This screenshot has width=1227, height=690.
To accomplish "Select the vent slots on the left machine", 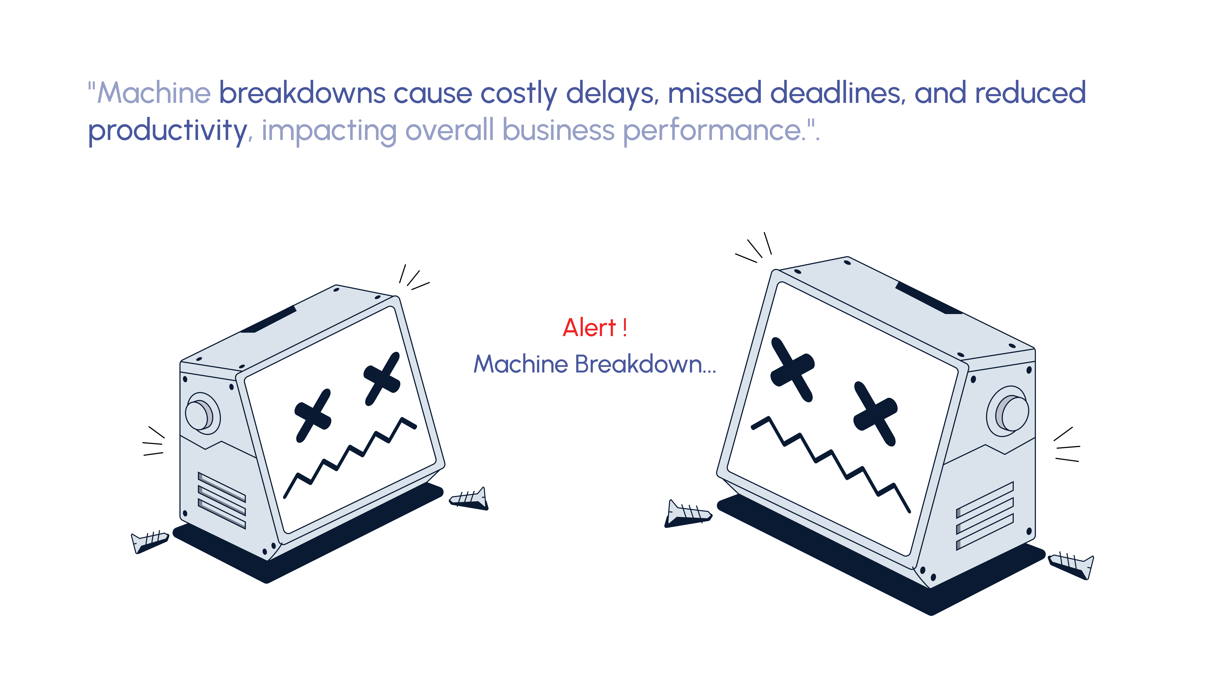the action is click(221, 500).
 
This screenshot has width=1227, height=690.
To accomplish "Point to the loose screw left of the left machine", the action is click(149, 542).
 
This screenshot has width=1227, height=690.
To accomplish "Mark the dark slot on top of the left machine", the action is click(268, 319).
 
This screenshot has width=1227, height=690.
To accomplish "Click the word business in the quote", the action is click(558, 130).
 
